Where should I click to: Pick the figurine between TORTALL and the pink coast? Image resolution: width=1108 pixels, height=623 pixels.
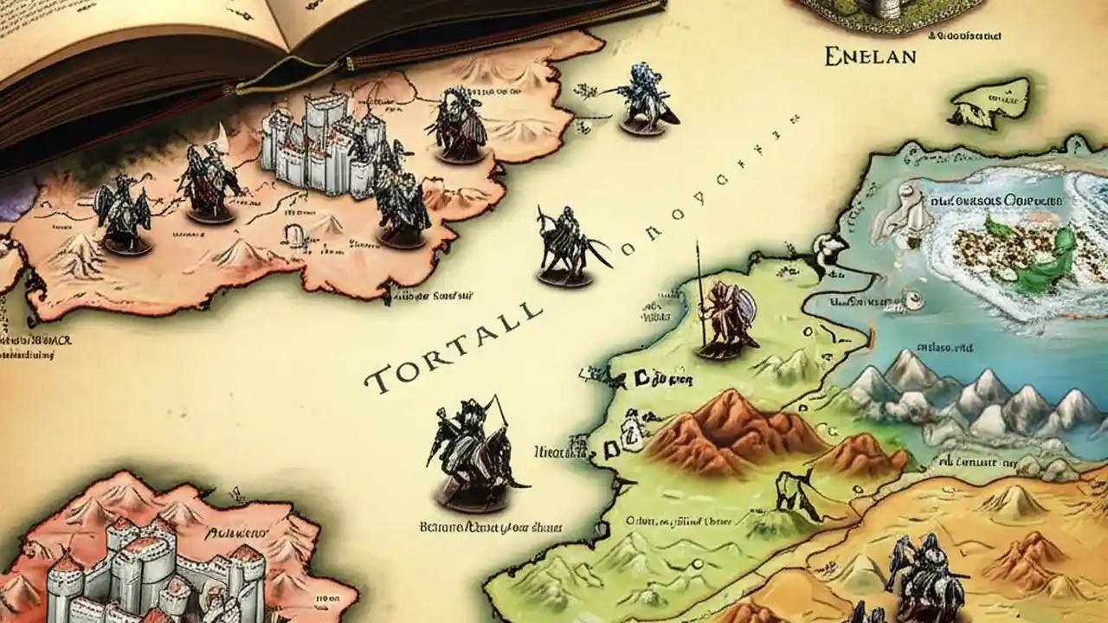click(567, 247)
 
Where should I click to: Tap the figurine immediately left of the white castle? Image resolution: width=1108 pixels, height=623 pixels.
click(208, 182)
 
